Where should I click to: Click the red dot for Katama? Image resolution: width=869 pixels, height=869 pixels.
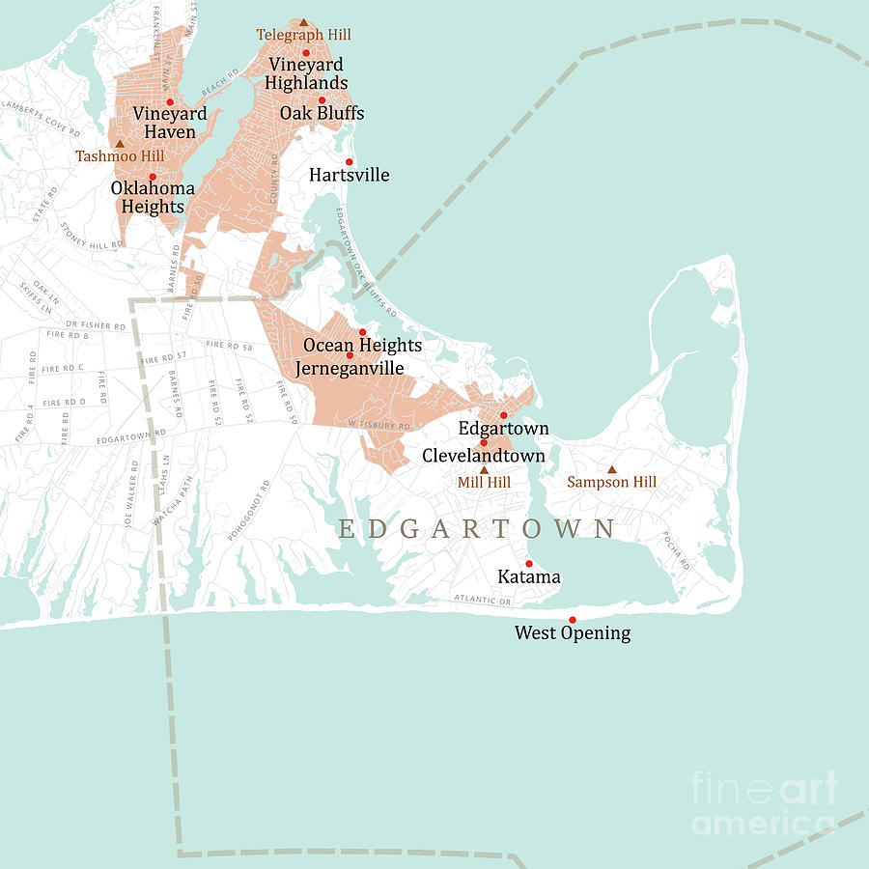point(528,563)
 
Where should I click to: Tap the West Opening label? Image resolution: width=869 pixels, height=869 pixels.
point(572,633)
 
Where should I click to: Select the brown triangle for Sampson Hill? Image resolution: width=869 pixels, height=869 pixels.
point(611,469)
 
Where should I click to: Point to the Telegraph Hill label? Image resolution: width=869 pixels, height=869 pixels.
point(303,35)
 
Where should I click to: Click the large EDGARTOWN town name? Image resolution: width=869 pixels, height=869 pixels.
point(477,529)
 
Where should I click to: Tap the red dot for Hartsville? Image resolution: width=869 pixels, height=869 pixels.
point(350,161)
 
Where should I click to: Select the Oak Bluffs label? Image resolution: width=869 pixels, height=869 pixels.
point(322,114)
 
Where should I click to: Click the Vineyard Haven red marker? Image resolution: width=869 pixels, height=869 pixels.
point(169,101)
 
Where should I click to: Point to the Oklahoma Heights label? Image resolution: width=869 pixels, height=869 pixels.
point(153,197)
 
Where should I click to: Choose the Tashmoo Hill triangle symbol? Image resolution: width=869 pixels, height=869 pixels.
point(120,143)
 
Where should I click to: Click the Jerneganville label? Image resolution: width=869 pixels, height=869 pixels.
point(350,368)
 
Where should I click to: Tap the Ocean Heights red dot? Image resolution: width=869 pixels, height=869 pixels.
point(362,331)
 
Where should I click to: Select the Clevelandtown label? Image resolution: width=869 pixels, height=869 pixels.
point(484,455)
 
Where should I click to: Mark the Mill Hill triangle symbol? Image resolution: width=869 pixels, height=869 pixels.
point(485,470)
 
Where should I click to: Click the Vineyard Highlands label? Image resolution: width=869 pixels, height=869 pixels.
point(306,74)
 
